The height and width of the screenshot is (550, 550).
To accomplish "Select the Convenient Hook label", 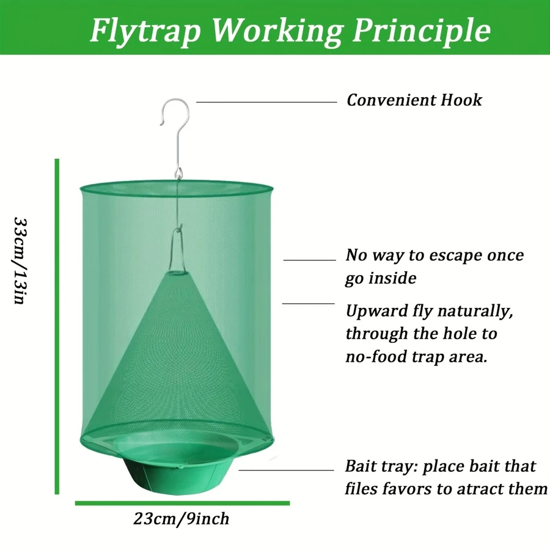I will point(414,100).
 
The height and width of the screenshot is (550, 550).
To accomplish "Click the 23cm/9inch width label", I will point(182,519).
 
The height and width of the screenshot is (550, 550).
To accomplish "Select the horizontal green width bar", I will point(182,503).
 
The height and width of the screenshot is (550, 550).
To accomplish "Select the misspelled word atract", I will point(480,489).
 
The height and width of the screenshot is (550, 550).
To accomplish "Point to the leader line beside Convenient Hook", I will point(266,102).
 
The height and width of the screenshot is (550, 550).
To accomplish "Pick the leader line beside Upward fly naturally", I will point(308,303).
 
